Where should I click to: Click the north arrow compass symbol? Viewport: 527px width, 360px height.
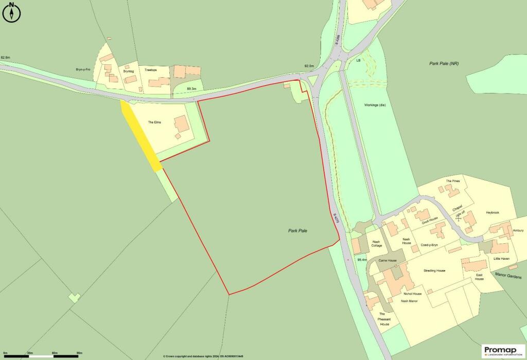11,13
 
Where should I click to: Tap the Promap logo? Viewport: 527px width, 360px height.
504,351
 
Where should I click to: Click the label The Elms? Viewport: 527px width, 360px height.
155,122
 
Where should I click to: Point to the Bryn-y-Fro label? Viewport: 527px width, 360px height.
83,69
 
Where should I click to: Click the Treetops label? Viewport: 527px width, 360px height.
151,70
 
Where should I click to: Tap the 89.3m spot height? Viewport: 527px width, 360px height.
191,89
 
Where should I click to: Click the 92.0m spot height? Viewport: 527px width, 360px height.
309,66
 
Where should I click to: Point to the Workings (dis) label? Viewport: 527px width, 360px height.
375,105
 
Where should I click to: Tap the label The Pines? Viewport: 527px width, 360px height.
452,181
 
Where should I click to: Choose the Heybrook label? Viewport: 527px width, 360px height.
493,212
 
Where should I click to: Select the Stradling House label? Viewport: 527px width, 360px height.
434,271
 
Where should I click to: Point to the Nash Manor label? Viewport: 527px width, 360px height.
412,301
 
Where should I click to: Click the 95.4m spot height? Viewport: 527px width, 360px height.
362,260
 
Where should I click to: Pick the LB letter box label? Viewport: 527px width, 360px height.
358,60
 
